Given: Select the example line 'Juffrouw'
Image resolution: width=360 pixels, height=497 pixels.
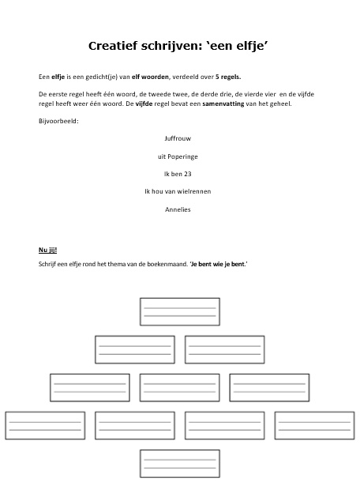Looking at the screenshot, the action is pos(178,137).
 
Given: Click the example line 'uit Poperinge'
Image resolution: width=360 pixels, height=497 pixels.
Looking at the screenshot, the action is pos(178,156).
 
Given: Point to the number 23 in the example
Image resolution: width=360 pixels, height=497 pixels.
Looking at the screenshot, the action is pos(188,173).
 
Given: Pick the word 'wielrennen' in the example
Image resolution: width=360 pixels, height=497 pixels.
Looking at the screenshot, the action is pos(193,191).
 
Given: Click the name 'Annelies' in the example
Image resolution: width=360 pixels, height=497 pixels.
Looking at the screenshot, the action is pos(178,209).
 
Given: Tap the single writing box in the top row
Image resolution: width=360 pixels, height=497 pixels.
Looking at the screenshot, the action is pos(179,311).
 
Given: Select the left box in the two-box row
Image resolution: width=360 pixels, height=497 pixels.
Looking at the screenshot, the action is pos(135,349).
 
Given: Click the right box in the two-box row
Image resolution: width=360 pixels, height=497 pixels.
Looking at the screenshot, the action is pos(224,349).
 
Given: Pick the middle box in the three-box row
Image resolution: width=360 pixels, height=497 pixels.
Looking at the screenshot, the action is pos(179,387).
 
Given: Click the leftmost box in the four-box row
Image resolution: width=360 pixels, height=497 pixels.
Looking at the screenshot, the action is pos(45,425).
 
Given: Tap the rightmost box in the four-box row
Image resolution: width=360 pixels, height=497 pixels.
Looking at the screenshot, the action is pos(313,425).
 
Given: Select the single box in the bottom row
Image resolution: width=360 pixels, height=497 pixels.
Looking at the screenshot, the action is pos(179,463).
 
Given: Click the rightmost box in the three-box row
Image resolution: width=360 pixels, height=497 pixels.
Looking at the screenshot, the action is pos(269,387).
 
